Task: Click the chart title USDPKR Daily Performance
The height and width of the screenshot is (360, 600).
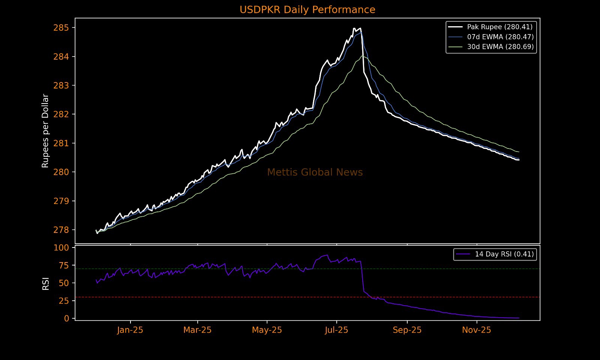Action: coord(307,10)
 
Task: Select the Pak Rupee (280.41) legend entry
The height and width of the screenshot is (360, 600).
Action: coord(499,27)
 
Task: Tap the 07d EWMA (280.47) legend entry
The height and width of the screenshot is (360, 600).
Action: coord(500,37)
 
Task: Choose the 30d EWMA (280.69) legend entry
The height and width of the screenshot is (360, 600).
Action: coord(500,47)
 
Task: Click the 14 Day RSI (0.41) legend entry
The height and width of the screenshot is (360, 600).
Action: coord(504,254)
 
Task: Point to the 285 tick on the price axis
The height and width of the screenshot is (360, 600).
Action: coord(61,28)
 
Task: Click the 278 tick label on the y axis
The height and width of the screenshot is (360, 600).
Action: coord(61,230)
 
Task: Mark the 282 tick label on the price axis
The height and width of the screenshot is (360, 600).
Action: coord(61,114)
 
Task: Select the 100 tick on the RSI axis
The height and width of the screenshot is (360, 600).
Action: coord(61,247)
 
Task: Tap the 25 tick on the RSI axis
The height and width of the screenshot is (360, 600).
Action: coord(64,301)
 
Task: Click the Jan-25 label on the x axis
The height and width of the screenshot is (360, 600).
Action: coord(130,330)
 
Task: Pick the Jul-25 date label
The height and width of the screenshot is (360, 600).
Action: coord(336,330)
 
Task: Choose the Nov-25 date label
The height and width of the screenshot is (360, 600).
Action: coord(476,330)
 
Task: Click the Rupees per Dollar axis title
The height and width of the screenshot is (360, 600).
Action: coord(45,130)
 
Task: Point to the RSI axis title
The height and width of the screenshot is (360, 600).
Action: coord(46,283)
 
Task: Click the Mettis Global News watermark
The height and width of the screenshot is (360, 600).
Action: coord(315,172)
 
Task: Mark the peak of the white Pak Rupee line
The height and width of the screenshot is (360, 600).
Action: coord(354,28)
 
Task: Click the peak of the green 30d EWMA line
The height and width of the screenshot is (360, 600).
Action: coord(362,56)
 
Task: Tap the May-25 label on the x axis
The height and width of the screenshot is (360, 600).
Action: coord(267,330)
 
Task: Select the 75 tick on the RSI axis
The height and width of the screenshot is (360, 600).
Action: coord(64,265)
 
